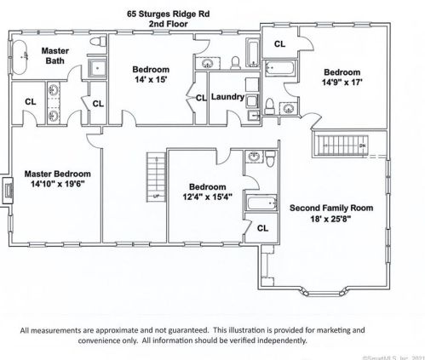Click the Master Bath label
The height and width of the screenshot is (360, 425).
click(x=55, y=57)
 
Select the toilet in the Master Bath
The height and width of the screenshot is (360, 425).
click(x=100, y=42)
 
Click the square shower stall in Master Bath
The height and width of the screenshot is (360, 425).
click(x=98, y=66)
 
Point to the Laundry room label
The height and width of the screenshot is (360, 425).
click(x=227, y=97)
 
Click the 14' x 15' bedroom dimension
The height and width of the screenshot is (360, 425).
click(x=151, y=80)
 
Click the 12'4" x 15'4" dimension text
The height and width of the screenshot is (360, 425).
click(x=207, y=198)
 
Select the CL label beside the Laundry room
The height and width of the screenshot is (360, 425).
click(x=201, y=98)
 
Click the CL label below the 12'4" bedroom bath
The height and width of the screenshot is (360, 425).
click(x=262, y=227)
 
